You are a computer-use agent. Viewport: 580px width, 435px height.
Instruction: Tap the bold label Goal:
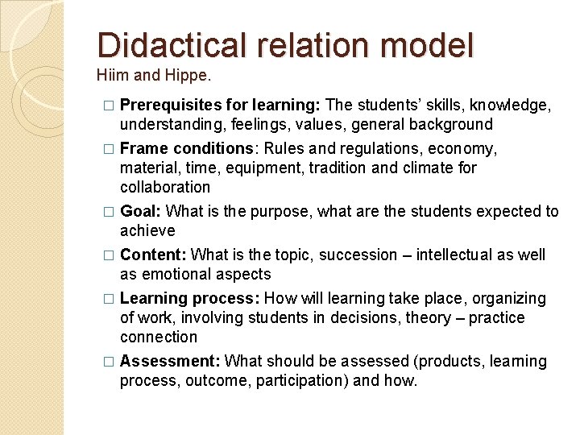coord(140,212)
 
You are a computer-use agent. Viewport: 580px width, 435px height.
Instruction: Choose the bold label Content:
coord(153,255)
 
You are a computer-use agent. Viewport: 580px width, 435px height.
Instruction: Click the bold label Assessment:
coord(170,362)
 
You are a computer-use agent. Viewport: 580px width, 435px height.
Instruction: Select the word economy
coord(466,149)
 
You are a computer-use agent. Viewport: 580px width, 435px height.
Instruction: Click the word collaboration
coord(164,188)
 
